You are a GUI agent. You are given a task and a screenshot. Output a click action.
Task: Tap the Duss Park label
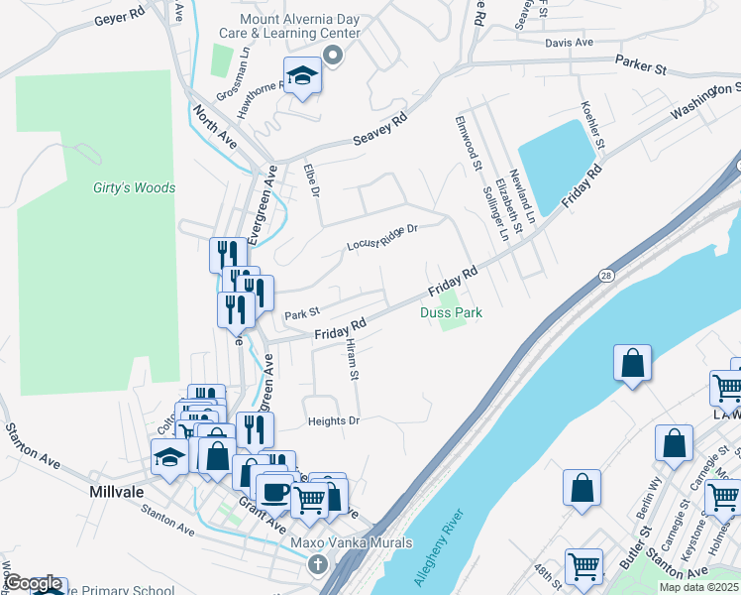451,312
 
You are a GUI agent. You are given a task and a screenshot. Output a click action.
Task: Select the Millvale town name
118,492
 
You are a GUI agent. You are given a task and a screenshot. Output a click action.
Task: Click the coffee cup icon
274,491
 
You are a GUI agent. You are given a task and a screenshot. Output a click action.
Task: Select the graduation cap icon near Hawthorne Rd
301,75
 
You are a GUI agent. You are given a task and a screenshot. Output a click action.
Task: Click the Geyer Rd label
121,20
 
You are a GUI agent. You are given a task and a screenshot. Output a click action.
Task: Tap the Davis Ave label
569,43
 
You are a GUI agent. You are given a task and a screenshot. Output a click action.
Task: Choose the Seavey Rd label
380,132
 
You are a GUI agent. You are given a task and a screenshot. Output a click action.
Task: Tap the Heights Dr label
333,421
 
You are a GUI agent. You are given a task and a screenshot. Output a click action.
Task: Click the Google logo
33,584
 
